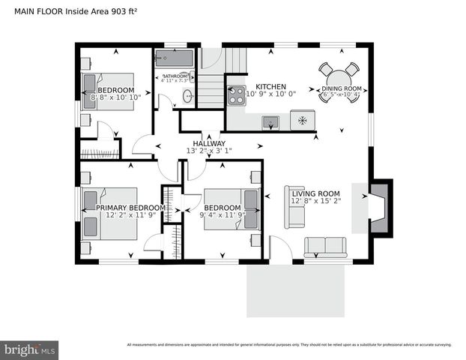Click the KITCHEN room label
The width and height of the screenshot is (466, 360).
pyautogui.click(x=270, y=87)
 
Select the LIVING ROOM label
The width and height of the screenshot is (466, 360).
pyautogui.click(x=316, y=193)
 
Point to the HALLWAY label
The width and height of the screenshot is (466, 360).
pyautogui.click(x=209, y=143)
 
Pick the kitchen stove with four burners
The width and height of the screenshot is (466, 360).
pyautogui.click(x=237, y=94)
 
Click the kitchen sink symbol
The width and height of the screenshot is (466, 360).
pyautogui.click(x=270, y=122)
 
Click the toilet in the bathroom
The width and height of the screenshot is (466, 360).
pyautogui.click(x=187, y=95)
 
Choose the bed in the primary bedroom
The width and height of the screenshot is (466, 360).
pyautogui.click(x=111, y=214)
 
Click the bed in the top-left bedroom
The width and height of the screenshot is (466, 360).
pyautogui.click(x=108, y=91)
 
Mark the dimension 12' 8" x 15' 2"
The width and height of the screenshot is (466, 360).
pyautogui.click(x=316, y=201)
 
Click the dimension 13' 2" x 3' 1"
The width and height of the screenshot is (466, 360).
pyautogui.click(x=209, y=151)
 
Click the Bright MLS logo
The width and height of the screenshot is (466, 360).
pyautogui.click(x=30, y=349)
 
